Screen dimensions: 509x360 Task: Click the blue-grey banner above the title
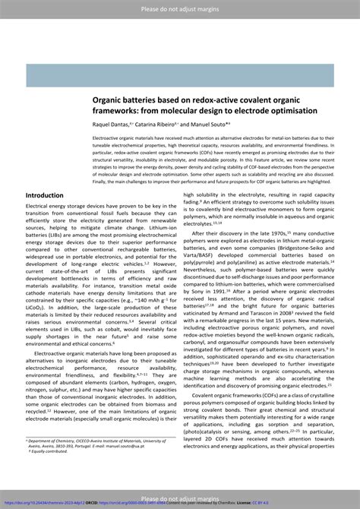179,75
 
